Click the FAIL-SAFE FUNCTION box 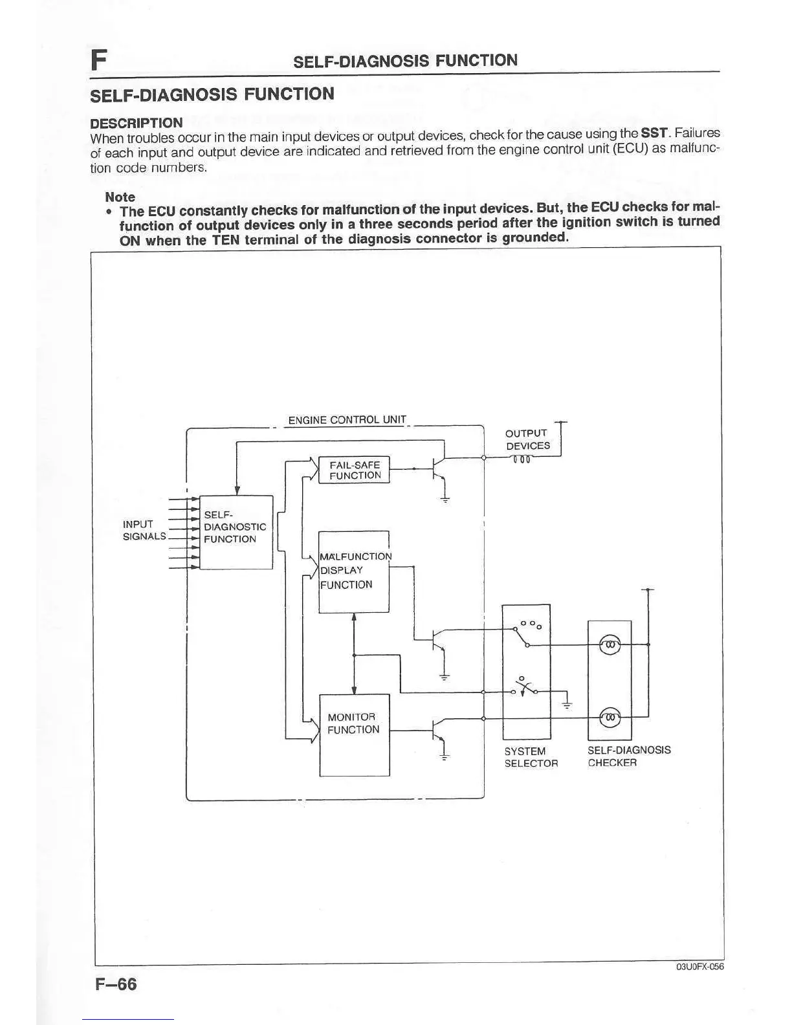pyautogui.click(x=354, y=470)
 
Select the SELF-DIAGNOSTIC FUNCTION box pyautogui.click(x=236, y=531)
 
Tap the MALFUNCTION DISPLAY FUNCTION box pyautogui.click(x=354, y=571)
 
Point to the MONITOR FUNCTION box pyautogui.click(x=354, y=734)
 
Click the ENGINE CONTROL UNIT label pyautogui.click(x=347, y=420)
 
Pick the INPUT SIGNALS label pyautogui.click(x=144, y=530)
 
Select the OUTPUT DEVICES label pyautogui.click(x=527, y=439)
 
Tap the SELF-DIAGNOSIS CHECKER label pyautogui.click(x=628, y=756)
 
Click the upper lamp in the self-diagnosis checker pyautogui.click(x=610, y=645)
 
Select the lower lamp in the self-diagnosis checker pyautogui.click(x=610, y=717)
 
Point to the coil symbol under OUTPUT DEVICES pyautogui.click(x=522, y=460)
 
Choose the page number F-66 pyautogui.click(x=116, y=984)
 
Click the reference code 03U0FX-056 pyautogui.click(x=699, y=967)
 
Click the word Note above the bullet pyautogui.click(x=120, y=197)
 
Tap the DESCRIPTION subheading pyautogui.click(x=136, y=123)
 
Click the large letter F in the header pyautogui.click(x=98, y=60)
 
